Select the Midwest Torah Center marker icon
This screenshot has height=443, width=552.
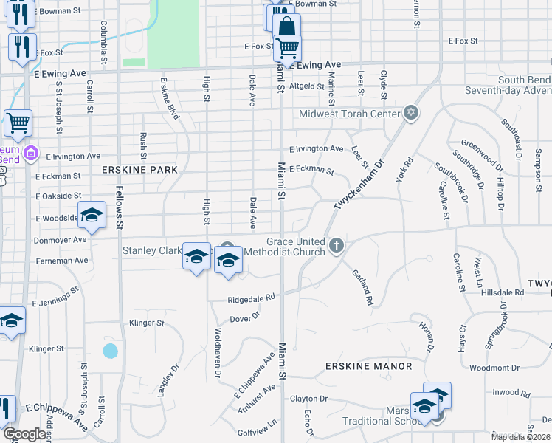(411, 114)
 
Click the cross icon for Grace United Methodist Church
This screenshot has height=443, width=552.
(337, 245)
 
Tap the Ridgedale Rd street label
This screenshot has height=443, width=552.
(251, 298)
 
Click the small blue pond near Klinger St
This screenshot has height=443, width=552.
(110, 351)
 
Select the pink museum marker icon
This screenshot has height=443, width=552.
(30, 154)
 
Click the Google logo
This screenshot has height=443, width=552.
(24, 434)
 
